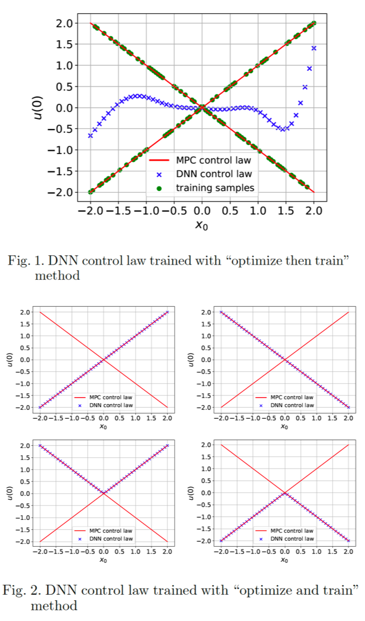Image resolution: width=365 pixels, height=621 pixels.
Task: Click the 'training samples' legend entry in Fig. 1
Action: pyautogui.click(x=215, y=188)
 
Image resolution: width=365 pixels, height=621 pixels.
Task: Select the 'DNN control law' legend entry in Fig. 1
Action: pyautogui.click(x=214, y=174)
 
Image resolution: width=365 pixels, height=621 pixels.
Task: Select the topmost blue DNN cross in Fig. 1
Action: pyautogui.click(x=314, y=49)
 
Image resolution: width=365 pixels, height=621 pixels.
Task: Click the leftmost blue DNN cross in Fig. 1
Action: pyautogui.click(x=90, y=136)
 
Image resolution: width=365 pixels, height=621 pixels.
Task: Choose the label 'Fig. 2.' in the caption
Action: pyautogui.click(x=23, y=590)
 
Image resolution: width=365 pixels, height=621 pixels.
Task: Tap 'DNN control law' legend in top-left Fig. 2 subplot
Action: pyautogui.click(x=111, y=405)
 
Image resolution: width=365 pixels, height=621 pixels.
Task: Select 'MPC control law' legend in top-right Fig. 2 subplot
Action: pyautogui.click(x=292, y=397)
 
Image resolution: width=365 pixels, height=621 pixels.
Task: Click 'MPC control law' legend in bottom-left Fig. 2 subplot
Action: pyautogui.click(x=111, y=531)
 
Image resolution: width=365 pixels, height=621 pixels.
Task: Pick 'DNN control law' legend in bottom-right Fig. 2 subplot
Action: pyautogui.click(x=292, y=539)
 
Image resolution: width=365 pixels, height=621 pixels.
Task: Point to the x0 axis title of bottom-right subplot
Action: pyautogui.click(x=285, y=560)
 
